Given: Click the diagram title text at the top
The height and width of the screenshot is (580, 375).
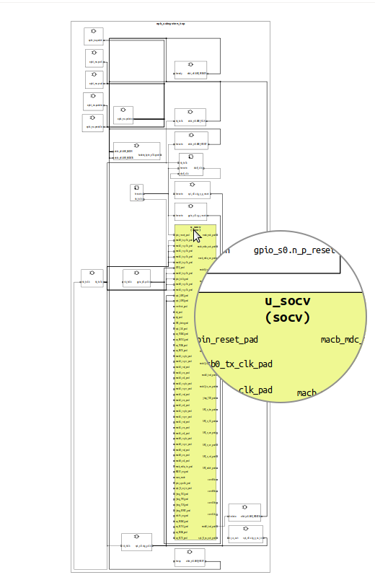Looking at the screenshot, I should click(170, 24).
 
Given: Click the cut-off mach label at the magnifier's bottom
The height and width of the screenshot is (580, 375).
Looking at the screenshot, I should click(306, 393).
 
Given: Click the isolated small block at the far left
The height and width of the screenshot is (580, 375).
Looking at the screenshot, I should click(91, 281).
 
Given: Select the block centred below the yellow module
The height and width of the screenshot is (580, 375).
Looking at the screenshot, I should click(190, 560).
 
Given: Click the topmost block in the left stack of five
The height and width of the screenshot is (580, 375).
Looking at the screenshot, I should click(94, 36).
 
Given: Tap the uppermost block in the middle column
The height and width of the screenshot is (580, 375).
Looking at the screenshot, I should click(190, 70).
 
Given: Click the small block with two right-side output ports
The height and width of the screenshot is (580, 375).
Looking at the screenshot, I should click(138, 192).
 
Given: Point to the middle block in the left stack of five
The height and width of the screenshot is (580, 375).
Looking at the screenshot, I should click(94, 79).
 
